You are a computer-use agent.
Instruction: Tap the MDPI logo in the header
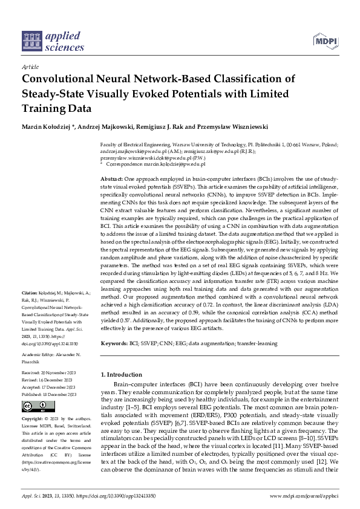coord(325,41)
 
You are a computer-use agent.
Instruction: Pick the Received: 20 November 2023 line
coord(48,373)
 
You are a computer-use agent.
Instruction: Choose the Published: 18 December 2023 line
coord(48,393)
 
